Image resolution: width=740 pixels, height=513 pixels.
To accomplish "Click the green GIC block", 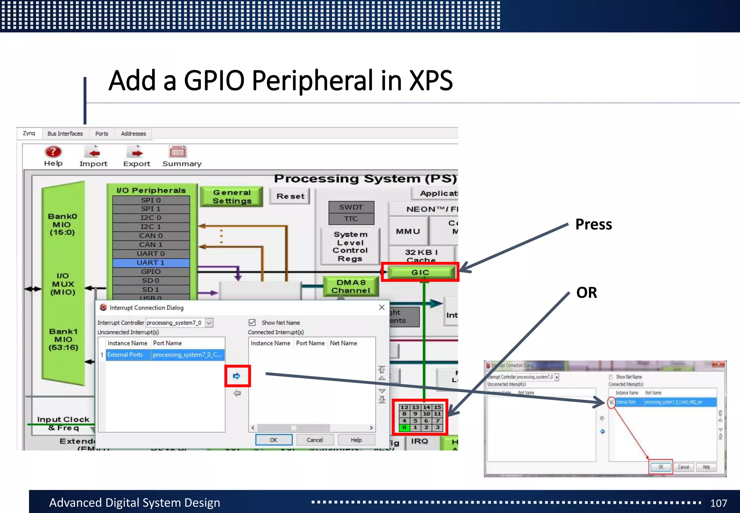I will pos(420,272).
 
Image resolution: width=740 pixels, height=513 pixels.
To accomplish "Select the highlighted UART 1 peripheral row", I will pos(151,263).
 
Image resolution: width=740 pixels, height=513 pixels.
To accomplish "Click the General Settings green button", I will pos(232,197).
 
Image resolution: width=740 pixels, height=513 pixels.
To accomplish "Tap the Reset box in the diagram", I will pos(290,196).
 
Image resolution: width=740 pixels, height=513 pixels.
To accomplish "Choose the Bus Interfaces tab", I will pos(65,133).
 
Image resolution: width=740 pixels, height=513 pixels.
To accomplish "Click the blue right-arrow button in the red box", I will pos(237,376).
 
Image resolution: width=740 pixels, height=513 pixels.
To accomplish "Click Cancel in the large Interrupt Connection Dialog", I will pos(314,440).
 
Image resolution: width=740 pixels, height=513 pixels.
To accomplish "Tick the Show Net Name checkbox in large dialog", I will pos(252,322).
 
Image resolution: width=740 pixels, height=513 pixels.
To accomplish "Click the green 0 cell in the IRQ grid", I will pos(404,428).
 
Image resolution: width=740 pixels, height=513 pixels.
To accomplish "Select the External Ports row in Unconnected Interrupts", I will pos(125,355).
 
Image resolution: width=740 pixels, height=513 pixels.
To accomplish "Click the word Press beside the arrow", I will pos(593,224).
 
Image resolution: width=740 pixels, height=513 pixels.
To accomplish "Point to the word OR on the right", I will pos(586,293).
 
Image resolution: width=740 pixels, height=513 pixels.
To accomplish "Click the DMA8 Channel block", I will pos(351,287).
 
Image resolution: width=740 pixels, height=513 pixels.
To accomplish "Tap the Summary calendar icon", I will pos(178,152).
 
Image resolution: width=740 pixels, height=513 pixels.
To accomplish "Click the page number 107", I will pos(718,503).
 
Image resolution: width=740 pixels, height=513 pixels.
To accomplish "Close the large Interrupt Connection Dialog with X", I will pos(382,307).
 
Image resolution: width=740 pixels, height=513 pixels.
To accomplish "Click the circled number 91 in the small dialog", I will pos(611,402).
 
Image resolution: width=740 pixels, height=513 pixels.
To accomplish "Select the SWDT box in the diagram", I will pos(351,207).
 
